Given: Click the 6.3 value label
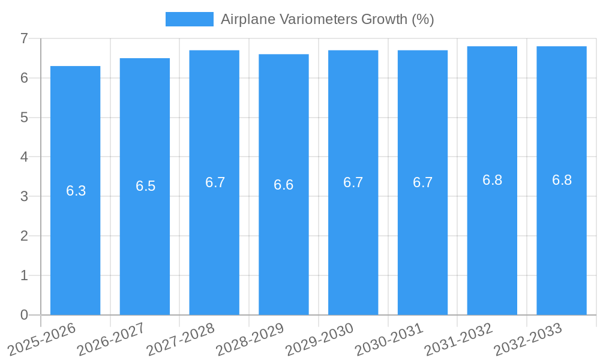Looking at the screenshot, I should point(76,191).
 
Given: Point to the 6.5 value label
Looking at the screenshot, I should point(145,186).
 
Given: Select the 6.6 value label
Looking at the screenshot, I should point(284,185).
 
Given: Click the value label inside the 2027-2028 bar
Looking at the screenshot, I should point(215,182).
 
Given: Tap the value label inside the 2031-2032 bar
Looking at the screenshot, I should point(492,180).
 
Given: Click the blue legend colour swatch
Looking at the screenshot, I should point(189,19).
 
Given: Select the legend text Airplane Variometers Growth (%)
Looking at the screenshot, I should point(327,19).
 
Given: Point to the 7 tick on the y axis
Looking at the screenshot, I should point(25,38).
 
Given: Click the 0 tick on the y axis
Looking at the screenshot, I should point(25,315).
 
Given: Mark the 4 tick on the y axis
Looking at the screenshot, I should point(25,157).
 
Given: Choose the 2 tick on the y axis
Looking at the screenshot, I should point(25,236).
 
